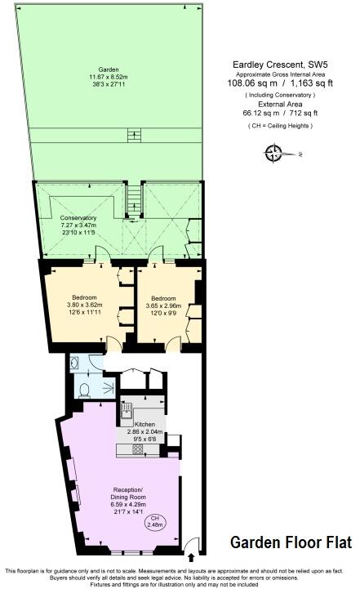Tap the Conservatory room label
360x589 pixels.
(x=78, y=218)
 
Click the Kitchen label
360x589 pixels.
(x=144, y=424)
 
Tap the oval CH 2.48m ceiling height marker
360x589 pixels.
(x=154, y=522)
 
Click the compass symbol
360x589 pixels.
(x=274, y=153)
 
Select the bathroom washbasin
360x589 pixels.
(x=73, y=362)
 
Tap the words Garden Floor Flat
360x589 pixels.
(x=291, y=542)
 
